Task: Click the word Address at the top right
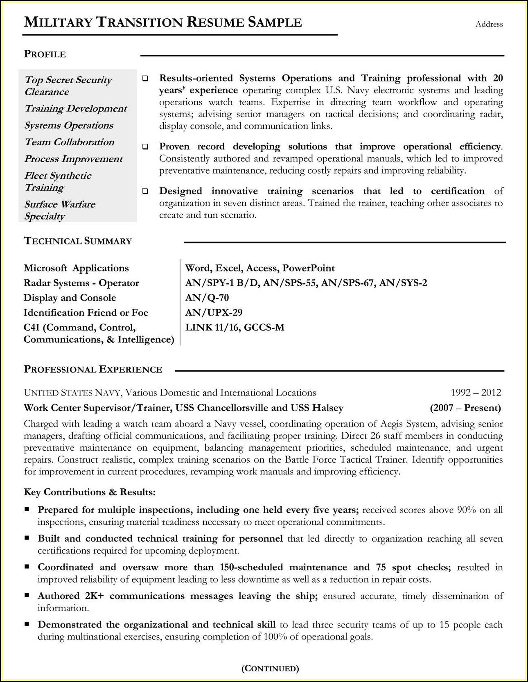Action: [x=489, y=24]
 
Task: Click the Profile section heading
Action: [x=45, y=54]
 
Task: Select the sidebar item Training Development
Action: [x=76, y=108]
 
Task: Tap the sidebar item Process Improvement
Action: [x=73, y=159]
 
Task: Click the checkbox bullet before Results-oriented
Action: [x=145, y=79]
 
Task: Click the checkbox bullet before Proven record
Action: [x=145, y=147]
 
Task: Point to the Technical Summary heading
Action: [x=78, y=241]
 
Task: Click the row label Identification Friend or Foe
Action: [x=86, y=313]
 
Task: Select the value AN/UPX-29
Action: [x=214, y=313]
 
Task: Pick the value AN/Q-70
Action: [x=207, y=298]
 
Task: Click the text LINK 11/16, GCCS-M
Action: [x=235, y=327]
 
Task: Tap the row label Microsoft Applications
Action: [x=76, y=268]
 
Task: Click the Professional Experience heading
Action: [x=93, y=370]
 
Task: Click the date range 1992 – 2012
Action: [x=476, y=393]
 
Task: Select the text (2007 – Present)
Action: [x=465, y=408]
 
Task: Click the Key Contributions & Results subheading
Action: [x=90, y=492]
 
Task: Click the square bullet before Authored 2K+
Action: [x=27, y=596]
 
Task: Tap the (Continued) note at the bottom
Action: [x=270, y=668]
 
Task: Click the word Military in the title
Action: [x=59, y=22]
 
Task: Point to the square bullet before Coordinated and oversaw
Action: [x=27, y=567]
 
